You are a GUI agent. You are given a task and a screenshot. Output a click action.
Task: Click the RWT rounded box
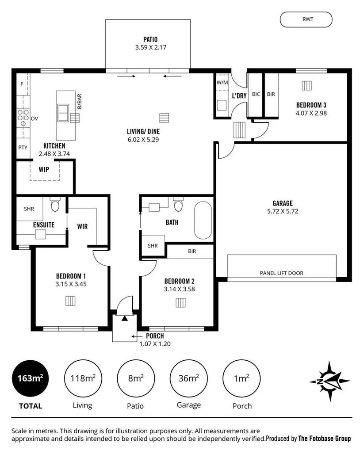tap(306, 19)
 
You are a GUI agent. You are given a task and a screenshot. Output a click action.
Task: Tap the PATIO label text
tap(148, 39)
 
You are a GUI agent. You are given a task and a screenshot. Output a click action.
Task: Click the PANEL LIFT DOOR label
tap(281, 273)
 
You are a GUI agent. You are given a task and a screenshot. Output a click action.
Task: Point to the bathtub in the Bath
tap(203, 220)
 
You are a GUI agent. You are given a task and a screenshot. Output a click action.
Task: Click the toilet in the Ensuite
tap(55, 205)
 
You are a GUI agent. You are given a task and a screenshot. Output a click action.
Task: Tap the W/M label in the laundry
tap(222, 83)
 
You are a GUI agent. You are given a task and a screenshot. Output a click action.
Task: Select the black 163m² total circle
tap(30, 378)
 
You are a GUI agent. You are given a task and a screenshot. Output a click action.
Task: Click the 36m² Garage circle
tap(188, 378)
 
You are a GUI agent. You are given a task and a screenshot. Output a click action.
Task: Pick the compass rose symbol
tap(329, 378)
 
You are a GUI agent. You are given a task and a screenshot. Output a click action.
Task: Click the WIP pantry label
tap(44, 169)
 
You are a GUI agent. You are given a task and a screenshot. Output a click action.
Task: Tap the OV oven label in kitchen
tap(34, 118)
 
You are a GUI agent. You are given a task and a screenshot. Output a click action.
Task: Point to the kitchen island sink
tap(63, 113)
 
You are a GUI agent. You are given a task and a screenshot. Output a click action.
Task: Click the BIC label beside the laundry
tap(256, 94)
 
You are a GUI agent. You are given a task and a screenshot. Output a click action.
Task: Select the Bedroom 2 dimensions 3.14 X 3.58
tap(180, 290)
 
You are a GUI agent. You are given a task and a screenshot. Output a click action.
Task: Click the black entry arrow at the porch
tap(125, 318)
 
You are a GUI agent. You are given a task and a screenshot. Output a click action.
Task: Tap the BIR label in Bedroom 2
tap(192, 251)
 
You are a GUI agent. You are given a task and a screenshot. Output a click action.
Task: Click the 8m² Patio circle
tap(135, 378)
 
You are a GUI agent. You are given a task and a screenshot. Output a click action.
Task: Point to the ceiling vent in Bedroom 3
tap(307, 85)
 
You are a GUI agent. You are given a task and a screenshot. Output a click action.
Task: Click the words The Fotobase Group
tap(324, 439)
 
